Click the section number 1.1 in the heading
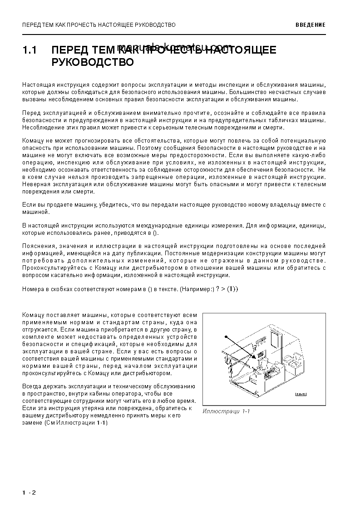(x=30, y=50)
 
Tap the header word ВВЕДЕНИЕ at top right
(x=310, y=25)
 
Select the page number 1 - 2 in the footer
(x=29, y=493)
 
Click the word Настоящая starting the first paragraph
(x=36, y=85)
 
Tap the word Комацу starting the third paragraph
(x=33, y=141)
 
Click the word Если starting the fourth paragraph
(x=29, y=204)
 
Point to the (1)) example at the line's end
(x=232, y=289)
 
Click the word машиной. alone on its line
(x=35, y=212)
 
